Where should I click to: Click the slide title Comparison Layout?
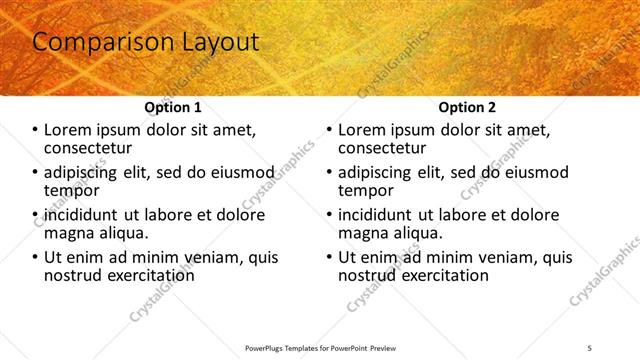tap(146, 42)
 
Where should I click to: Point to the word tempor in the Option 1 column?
tap(71, 190)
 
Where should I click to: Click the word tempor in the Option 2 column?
tap(366, 190)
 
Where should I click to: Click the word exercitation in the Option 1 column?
tap(149, 274)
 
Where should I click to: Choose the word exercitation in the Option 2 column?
tap(443, 274)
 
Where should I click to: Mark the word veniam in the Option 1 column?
tap(208, 257)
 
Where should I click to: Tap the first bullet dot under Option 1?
tap(34, 131)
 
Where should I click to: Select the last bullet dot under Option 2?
tap(329, 257)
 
